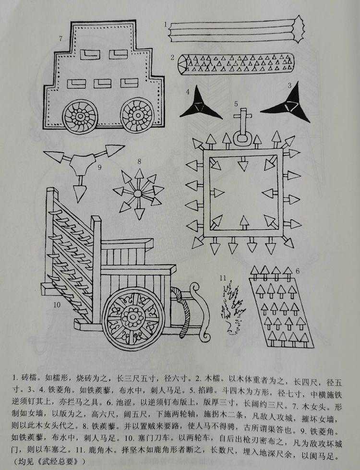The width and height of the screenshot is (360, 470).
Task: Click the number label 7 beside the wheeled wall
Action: tap(61, 38)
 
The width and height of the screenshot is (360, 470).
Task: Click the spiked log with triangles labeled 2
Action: tap(236, 63)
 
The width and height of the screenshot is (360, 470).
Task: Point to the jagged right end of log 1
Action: tap(299, 29)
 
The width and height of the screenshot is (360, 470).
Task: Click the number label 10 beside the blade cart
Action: tap(57, 305)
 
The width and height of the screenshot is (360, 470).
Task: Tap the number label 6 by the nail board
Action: tap(297, 271)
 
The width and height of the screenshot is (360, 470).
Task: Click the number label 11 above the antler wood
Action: tap(223, 278)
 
